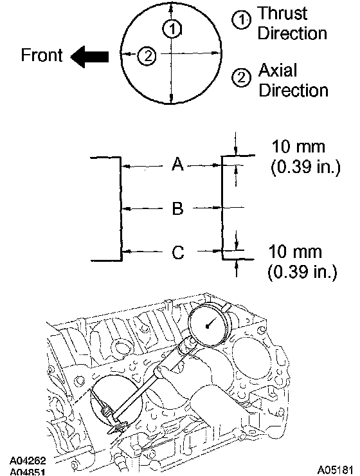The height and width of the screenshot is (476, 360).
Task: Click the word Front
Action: click(42, 55)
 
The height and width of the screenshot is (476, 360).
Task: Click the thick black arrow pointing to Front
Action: click(89, 57)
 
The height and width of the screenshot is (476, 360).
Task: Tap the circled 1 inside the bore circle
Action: click(172, 29)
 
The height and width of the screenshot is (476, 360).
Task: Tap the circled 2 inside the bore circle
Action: click(147, 56)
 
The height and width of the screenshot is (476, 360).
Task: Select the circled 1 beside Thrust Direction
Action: click(242, 20)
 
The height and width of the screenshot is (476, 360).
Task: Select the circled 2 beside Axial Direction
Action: click(242, 77)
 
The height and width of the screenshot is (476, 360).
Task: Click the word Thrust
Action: click(282, 14)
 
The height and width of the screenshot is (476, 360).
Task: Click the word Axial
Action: click(278, 70)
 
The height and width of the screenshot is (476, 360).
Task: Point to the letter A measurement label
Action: click(177, 164)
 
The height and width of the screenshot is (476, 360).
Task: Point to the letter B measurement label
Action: click(177, 208)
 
